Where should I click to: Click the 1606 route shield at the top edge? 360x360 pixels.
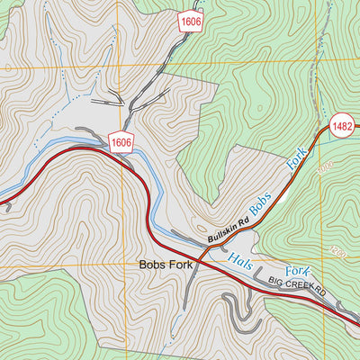point(190,20)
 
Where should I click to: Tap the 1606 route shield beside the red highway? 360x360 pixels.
point(122,141)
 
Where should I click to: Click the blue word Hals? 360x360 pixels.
point(241,261)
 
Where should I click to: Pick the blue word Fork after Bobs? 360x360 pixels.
point(296,158)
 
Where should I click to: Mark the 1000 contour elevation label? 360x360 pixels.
point(325,167)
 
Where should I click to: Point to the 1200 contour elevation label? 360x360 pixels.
point(337,251)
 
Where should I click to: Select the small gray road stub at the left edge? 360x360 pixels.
point(5,205)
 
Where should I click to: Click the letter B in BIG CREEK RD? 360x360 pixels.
point(269,284)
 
